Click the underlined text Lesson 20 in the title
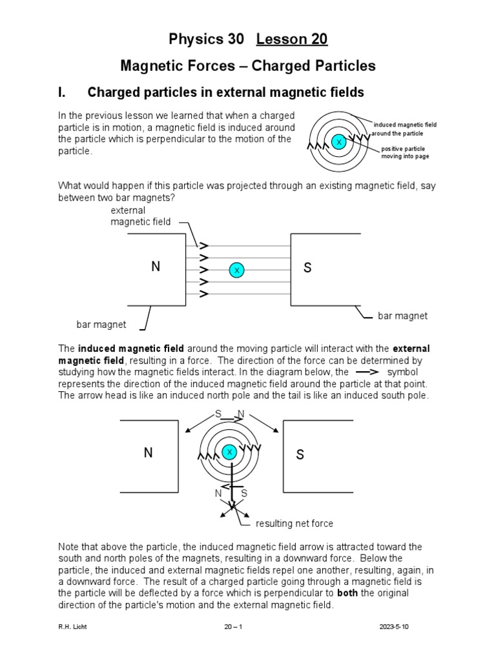coord(292,39)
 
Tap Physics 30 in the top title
coord(206,39)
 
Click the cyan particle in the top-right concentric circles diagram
coord(338,141)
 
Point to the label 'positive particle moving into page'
coord(404,152)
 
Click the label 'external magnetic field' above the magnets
coord(140,216)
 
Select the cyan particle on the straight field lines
coord(236,270)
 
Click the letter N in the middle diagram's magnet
coord(155,267)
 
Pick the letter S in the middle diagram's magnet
coord(307,268)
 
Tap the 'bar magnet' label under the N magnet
coord(101,324)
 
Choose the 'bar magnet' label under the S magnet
coord(402,316)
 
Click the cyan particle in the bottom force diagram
coord(229,453)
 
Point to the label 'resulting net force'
coord(294,524)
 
